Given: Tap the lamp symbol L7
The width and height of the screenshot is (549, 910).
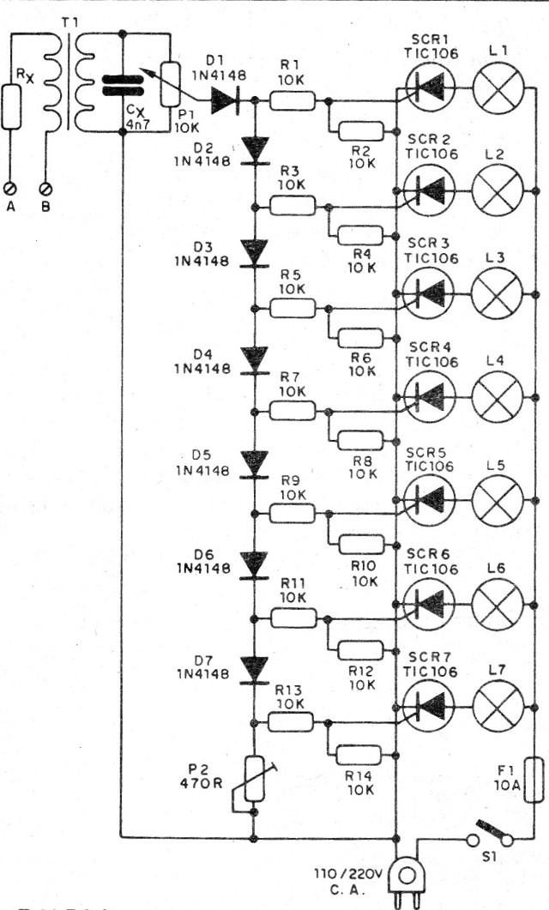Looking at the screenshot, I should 498,704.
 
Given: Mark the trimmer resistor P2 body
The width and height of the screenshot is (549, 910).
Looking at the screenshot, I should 255,778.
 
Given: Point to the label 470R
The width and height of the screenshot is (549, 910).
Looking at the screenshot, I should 207,783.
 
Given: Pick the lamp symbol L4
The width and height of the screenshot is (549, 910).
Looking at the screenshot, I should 498,396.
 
